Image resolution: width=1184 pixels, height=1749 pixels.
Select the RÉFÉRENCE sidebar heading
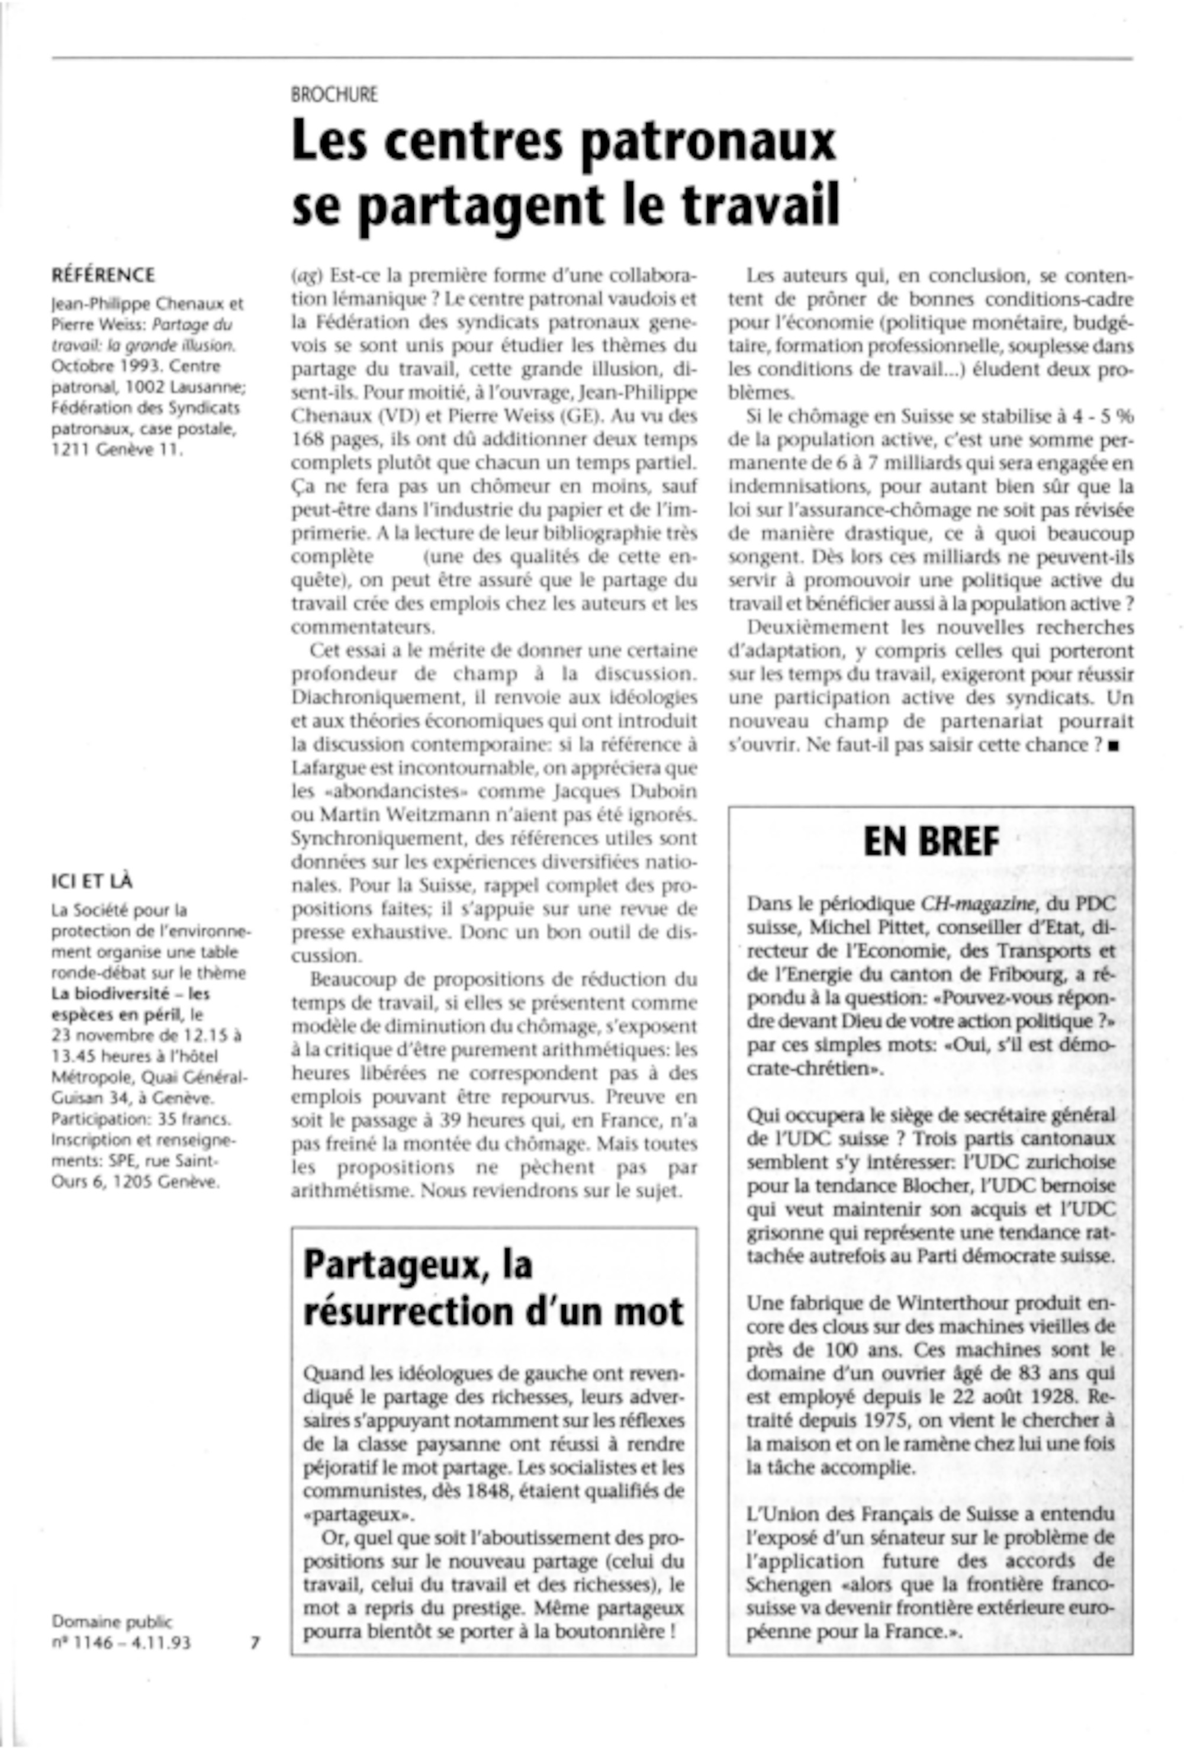click(103, 275)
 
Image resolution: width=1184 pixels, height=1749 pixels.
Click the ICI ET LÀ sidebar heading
click(92, 880)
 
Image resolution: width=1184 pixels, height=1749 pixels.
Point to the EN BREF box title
click(931, 841)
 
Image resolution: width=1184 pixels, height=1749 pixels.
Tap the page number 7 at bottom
click(255, 1643)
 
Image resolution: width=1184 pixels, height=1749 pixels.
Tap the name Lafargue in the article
click(325, 769)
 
